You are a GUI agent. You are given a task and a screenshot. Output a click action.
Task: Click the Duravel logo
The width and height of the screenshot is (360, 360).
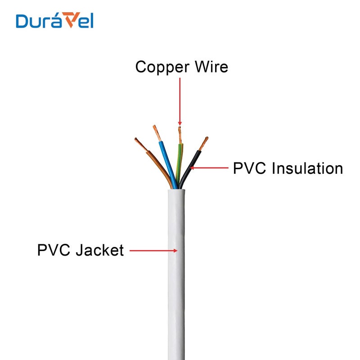54,21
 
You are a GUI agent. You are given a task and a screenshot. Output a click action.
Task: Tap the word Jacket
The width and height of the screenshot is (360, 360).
99,250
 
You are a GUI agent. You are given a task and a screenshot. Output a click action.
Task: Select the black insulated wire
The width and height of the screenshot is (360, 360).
191,166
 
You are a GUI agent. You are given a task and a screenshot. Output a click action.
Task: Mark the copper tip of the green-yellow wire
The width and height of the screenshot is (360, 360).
180,135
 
